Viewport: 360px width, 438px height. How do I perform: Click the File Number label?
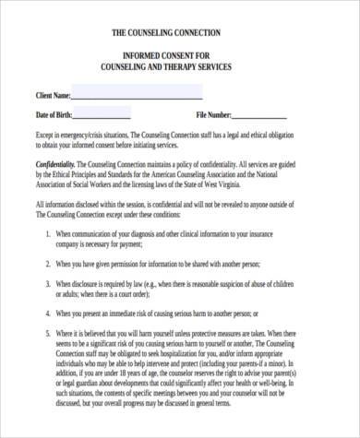pos(213,115)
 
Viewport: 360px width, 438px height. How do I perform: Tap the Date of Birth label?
pos(54,115)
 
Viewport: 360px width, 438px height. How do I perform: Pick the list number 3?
pos(47,286)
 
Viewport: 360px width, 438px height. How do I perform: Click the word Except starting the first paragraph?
pos(45,135)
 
